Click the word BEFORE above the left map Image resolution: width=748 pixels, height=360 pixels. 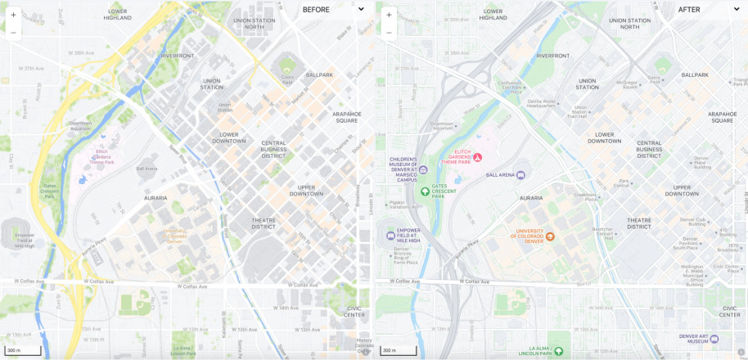(316, 10)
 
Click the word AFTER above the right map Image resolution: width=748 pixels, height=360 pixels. (689, 10)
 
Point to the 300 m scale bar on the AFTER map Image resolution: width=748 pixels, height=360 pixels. (399, 351)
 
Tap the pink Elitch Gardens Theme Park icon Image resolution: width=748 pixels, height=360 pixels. (477, 157)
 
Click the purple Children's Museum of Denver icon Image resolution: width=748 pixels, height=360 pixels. (423, 169)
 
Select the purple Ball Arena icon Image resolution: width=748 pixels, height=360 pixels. (520, 174)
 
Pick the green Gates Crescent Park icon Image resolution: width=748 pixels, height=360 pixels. (424, 191)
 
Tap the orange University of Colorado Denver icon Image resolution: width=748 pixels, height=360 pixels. (550, 236)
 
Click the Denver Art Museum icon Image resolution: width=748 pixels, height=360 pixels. (714, 338)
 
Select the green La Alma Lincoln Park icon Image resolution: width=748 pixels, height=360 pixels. (559, 352)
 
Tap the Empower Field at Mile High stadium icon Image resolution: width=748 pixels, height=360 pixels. (390, 236)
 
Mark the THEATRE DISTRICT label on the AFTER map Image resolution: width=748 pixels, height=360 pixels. (639, 223)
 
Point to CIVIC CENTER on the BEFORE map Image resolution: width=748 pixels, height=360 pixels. (354, 312)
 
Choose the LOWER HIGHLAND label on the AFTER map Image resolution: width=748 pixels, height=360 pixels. (493, 14)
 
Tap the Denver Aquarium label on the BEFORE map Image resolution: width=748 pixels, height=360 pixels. (80, 126)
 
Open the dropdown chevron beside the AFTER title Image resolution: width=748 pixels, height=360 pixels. (735, 10)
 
